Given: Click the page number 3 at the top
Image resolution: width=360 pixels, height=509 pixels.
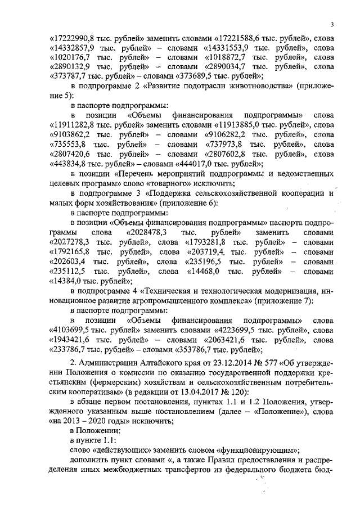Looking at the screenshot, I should pos(332,24).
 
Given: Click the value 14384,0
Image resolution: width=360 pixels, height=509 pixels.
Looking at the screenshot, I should pos(71,281).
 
